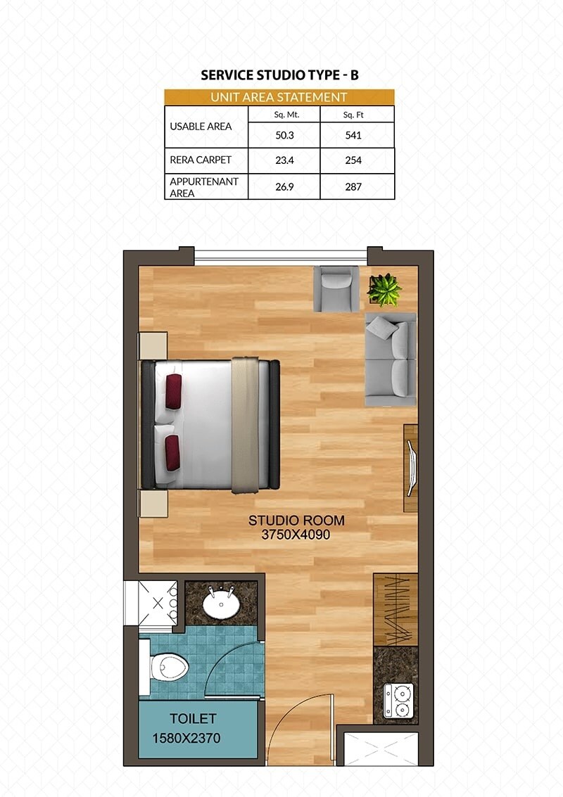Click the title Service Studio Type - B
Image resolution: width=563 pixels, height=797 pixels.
(x=279, y=75)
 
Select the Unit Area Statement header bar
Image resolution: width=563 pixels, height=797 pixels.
(x=279, y=97)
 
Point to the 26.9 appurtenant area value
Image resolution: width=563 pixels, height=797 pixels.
(x=284, y=186)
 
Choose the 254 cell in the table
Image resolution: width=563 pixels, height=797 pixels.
(x=353, y=160)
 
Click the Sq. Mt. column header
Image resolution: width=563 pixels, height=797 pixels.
(x=284, y=114)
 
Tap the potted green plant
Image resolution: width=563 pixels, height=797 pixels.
(x=384, y=289)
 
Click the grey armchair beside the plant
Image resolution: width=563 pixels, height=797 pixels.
(x=336, y=288)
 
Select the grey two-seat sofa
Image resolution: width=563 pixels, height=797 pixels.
(x=391, y=359)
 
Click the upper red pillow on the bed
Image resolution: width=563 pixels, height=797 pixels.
(x=173, y=391)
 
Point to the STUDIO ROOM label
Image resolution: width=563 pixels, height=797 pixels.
(x=296, y=521)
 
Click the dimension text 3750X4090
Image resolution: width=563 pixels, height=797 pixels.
(x=296, y=535)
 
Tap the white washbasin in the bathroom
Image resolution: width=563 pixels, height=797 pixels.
(x=220, y=603)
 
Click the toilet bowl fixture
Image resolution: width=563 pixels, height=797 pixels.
(x=167, y=665)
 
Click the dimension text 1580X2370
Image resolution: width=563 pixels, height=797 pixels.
(x=186, y=738)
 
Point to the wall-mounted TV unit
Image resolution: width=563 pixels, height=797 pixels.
(x=410, y=468)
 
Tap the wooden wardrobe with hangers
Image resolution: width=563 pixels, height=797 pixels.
(x=396, y=609)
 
